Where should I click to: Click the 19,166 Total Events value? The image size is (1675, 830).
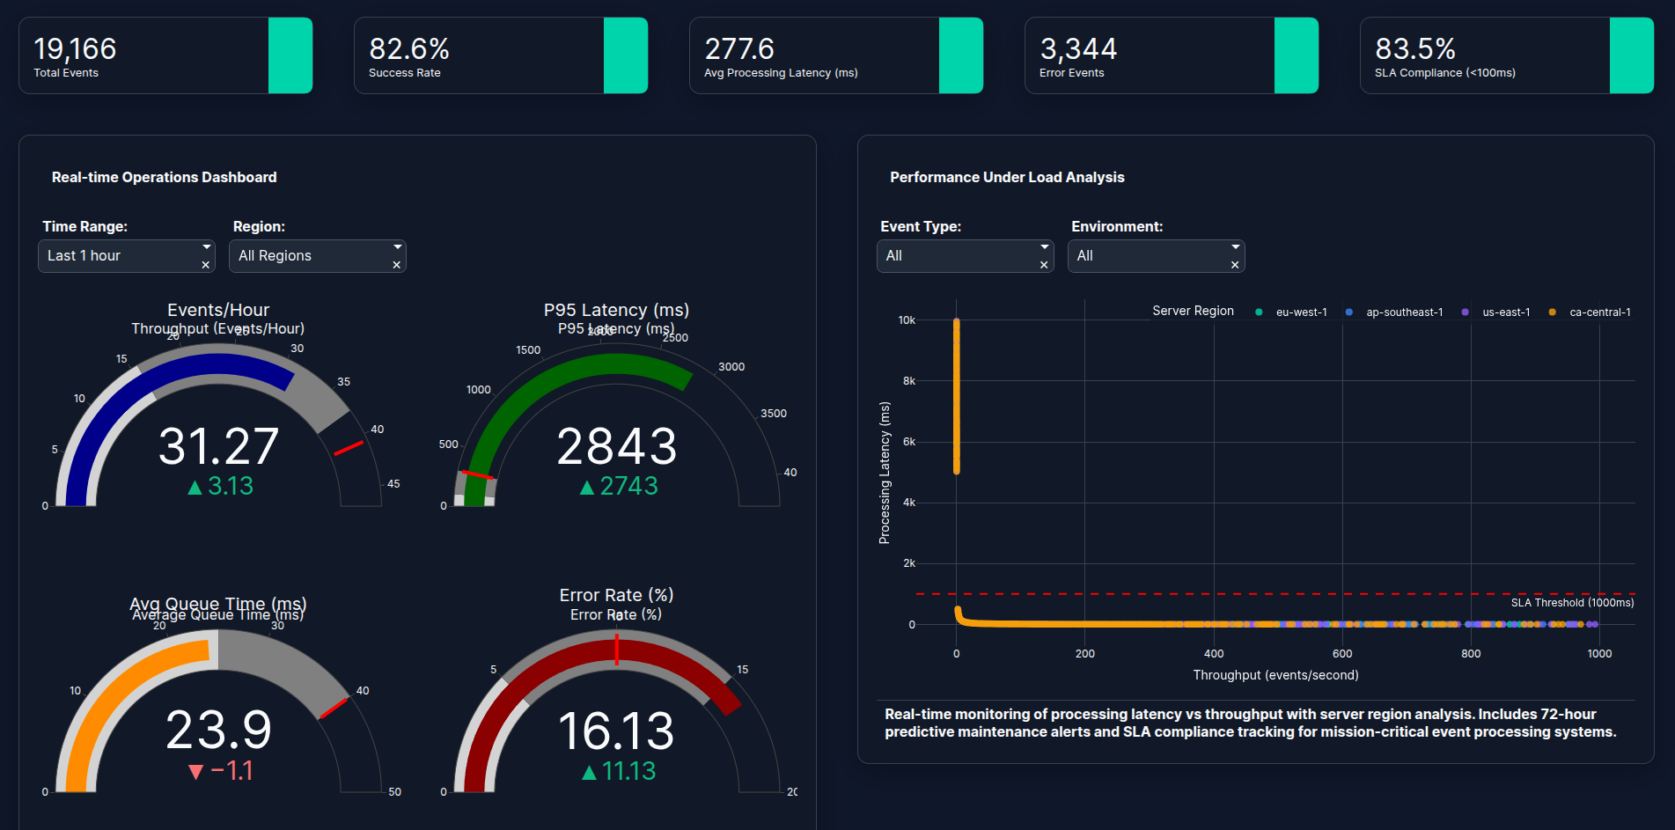75,48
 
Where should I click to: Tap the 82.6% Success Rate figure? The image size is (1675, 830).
409,48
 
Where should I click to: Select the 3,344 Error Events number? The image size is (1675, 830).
1078,48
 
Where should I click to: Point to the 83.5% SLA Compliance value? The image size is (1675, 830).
1415,48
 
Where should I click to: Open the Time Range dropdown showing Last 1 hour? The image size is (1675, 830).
125,256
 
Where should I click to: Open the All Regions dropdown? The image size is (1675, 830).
317,256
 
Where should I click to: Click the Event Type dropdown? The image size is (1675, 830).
965,256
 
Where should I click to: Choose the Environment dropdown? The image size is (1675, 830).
1156,256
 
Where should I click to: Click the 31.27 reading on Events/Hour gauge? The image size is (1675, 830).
218,446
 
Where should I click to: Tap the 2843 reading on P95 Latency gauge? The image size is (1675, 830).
617,446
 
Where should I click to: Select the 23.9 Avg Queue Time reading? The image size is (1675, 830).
218,731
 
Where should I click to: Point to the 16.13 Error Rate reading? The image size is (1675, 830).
617,731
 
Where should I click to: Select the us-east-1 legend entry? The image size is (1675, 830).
1505,312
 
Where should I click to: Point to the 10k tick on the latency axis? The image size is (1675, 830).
907,320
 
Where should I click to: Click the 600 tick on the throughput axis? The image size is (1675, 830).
1342,654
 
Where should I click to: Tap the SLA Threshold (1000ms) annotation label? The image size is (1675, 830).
1572,603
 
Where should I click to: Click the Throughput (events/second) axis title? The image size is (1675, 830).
1275,675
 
